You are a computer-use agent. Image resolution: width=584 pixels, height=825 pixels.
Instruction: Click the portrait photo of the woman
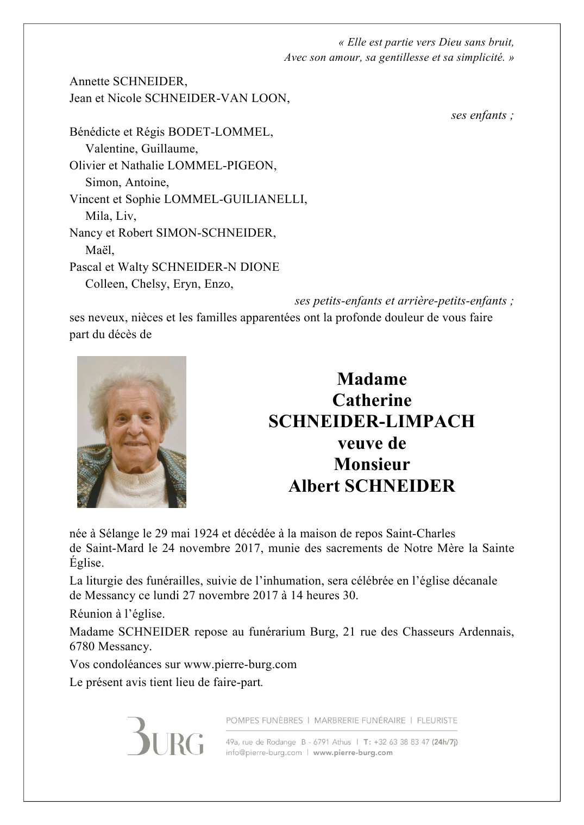pos(131,431)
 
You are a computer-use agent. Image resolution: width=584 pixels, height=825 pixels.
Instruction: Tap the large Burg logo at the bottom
pos(166,737)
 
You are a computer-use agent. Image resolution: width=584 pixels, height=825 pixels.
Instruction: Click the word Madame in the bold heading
pos(372,379)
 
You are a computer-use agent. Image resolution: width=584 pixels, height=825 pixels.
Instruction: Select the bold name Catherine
pos(372,400)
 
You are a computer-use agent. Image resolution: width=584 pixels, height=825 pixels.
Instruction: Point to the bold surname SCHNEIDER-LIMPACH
pos(372,421)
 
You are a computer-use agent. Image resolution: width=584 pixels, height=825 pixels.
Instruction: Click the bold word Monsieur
pos(372,464)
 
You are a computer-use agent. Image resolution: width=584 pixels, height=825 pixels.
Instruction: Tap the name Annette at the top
pos(89,81)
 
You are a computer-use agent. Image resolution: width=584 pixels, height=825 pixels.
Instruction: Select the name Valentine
pos(111,149)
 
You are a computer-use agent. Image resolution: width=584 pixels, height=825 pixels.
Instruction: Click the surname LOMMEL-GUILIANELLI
pos(235,199)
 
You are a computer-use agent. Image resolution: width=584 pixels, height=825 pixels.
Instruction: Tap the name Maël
pos(99,250)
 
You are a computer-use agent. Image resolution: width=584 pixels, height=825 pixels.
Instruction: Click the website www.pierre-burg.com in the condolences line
pos(240,664)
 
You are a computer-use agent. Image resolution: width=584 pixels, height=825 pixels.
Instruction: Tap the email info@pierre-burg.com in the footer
pos(263,753)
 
